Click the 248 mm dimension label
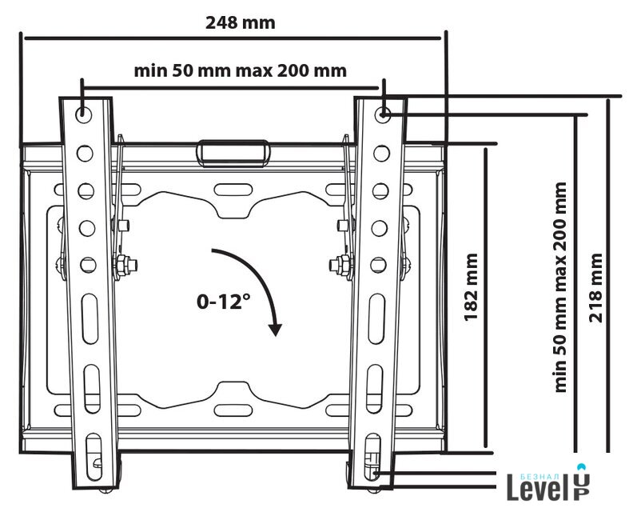241,23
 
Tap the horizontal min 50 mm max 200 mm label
241,71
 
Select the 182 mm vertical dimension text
471,287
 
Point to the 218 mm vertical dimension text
595,288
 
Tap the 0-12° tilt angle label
224,302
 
